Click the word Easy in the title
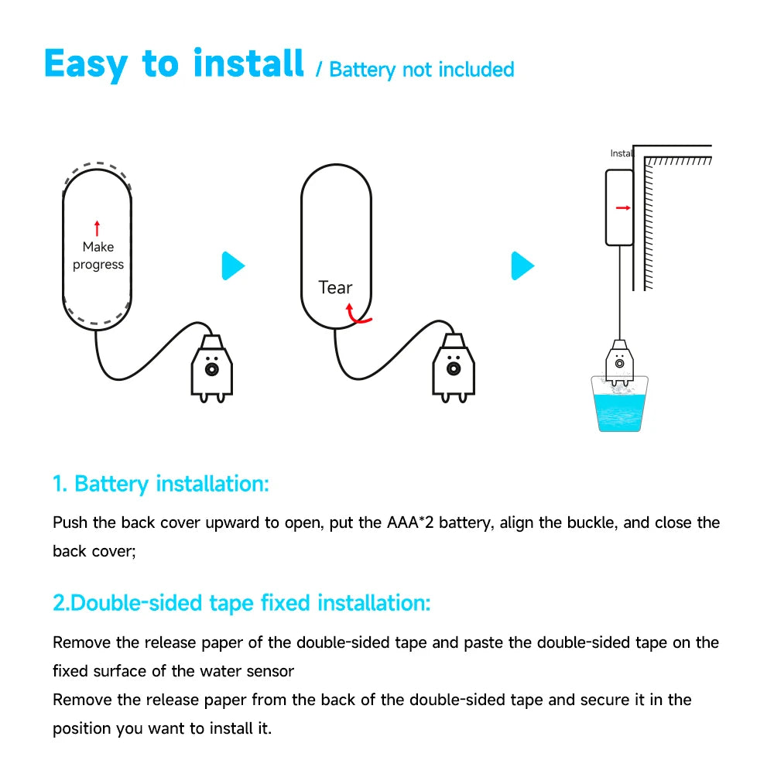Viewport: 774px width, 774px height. coord(85,63)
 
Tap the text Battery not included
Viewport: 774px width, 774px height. coord(421,70)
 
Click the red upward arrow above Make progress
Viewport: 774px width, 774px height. coord(97,228)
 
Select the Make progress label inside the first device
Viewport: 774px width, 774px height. coord(98,255)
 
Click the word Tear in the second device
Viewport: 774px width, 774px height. coord(335,288)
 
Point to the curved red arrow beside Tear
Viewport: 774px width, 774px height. coord(357,313)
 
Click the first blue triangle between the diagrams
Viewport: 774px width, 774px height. coord(233,266)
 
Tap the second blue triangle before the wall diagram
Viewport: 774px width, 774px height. coord(522,266)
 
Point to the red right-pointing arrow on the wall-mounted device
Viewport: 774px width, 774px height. coord(622,207)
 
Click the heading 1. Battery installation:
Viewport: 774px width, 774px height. coord(161,485)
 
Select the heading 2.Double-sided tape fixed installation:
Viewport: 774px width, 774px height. coord(241,603)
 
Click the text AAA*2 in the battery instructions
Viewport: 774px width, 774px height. coord(409,522)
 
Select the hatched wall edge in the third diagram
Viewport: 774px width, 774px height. coord(649,224)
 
